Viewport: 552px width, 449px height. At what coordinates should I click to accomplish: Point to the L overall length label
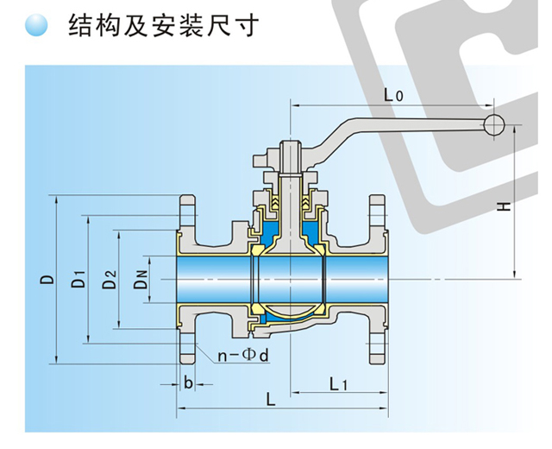[271, 400]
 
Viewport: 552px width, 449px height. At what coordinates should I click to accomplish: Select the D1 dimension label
[78, 280]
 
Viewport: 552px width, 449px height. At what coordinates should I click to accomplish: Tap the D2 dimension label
[109, 280]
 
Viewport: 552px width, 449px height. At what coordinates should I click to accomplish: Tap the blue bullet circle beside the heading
[37, 28]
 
